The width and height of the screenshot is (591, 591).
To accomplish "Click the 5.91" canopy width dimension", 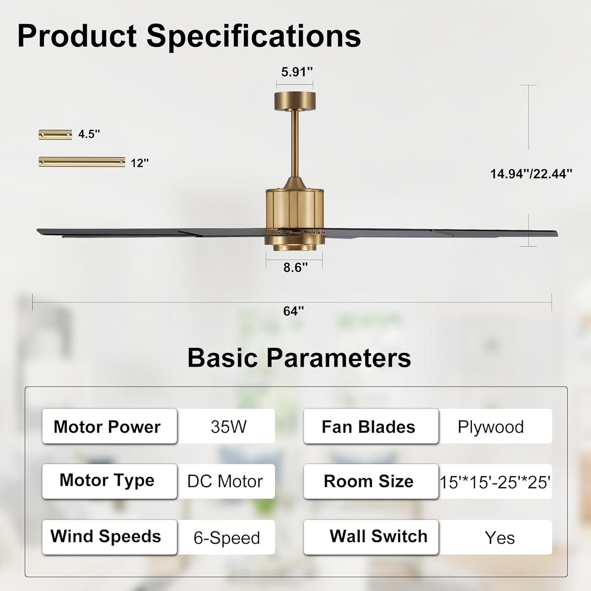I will (x=296, y=72).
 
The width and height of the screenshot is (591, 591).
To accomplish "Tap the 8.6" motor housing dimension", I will (x=295, y=268).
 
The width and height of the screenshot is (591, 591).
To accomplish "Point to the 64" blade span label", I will (x=294, y=311).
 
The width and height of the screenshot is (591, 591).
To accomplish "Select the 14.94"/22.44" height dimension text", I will (x=531, y=174).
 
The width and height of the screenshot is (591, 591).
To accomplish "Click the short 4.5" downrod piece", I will (x=56, y=135).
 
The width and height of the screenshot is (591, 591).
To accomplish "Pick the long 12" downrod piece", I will (x=82, y=162).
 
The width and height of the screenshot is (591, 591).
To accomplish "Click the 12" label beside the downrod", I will (x=139, y=163).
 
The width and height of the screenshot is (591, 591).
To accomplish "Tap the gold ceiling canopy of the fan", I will (x=295, y=101).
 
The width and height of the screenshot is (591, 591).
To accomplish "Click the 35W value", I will (x=229, y=427).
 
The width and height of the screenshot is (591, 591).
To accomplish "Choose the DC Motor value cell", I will (x=225, y=481).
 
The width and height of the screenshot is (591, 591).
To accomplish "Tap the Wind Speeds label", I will (x=106, y=537).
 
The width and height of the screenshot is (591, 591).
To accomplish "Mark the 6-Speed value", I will (x=227, y=538).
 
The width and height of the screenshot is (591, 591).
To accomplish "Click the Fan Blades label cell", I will (x=369, y=427).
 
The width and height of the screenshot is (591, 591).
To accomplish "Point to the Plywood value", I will (x=491, y=427).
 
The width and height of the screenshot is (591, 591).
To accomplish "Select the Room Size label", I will (x=369, y=481).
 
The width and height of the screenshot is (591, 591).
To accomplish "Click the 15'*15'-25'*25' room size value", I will (x=495, y=482).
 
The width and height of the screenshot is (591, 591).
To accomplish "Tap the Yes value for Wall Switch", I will (x=500, y=538).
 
